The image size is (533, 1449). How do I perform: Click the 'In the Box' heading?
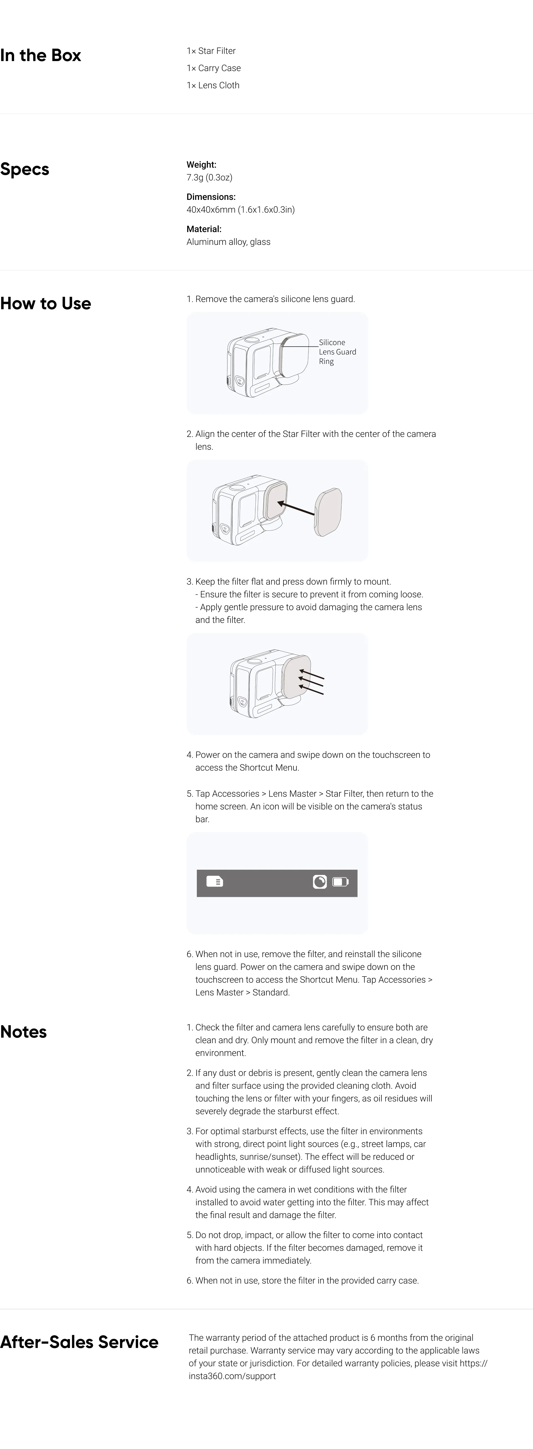tap(41, 55)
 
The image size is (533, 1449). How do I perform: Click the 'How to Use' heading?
tap(46, 303)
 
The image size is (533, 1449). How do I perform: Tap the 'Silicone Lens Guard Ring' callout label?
tap(337, 351)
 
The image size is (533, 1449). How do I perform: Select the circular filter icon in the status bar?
tap(320, 881)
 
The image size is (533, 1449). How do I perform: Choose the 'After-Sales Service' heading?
tap(79, 1342)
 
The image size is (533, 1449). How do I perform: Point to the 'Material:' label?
tap(204, 229)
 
